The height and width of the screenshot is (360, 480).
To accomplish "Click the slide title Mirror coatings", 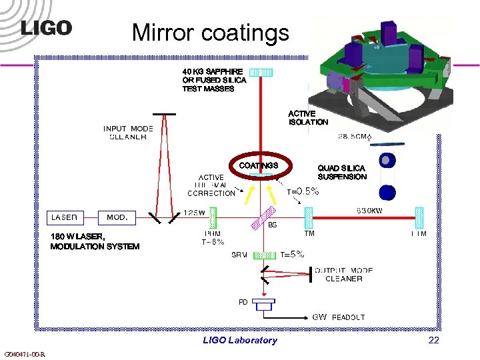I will click(210, 32).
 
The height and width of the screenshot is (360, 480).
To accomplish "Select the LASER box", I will click(65, 217).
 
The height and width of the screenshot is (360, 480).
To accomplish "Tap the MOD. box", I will click(117, 217).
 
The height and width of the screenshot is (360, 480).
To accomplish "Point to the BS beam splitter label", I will click(272, 225).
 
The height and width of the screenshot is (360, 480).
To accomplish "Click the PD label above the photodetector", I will click(243, 302).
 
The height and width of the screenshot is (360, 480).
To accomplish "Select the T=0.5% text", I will click(303, 191).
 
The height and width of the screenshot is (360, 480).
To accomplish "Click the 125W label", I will click(195, 212).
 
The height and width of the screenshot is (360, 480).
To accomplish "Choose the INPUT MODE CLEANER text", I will click(128, 133).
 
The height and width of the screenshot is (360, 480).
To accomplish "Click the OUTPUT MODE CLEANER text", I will click(343, 275).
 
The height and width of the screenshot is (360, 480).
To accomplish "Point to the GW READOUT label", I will click(339, 317).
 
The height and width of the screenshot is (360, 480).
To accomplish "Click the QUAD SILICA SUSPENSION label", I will click(342, 173).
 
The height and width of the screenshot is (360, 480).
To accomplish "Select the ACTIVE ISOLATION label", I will click(308, 118).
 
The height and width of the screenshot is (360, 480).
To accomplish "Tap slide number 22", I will click(433, 340).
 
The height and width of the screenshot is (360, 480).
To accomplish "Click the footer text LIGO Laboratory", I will click(239, 340).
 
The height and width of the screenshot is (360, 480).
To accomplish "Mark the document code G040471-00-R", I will click(25, 354).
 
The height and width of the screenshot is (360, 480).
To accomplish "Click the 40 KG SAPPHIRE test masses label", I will click(214, 80).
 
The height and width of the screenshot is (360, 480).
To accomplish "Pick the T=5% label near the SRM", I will click(292, 254).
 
